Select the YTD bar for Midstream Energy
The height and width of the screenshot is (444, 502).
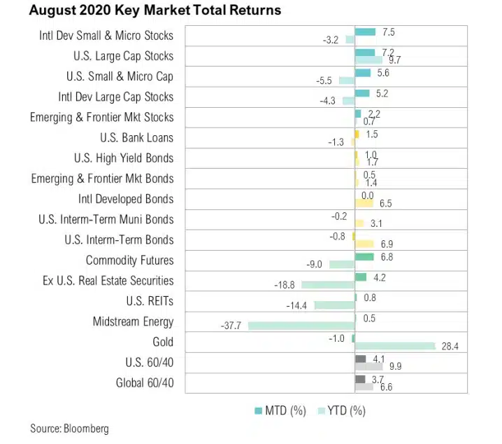[x=301, y=326]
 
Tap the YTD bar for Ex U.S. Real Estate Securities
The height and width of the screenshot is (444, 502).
[x=328, y=285]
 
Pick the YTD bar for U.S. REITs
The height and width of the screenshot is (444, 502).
[x=335, y=305]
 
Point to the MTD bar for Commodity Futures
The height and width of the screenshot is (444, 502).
[x=364, y=257]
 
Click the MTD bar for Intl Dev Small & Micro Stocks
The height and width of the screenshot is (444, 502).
[x=365, y=32]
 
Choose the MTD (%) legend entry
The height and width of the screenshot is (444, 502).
[x=279, y=410]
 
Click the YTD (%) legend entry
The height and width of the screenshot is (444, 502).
[x=339, y=410]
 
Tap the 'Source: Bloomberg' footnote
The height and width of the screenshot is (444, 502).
[x=69, y=429]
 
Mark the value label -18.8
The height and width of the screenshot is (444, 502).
[x=287, y=285]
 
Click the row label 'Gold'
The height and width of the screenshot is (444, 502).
[x=163, y=342]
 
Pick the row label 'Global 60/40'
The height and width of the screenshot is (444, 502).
[x=145, y=383]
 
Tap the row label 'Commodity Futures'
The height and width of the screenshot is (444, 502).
[x=129, y=261]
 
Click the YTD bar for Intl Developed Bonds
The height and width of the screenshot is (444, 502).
[x=364, y=203]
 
